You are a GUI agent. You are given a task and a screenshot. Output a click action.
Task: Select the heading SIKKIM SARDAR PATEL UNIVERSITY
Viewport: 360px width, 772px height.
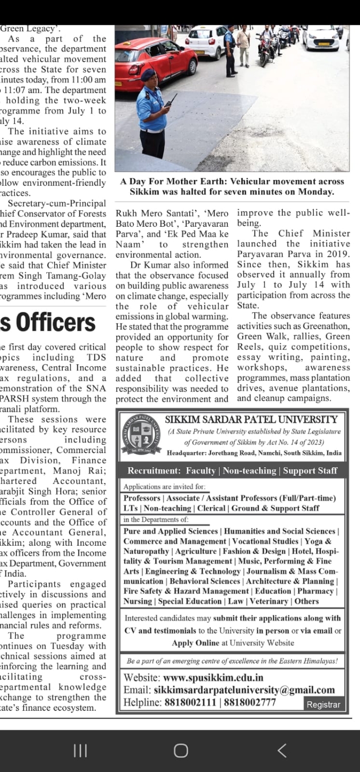tap(251, 420)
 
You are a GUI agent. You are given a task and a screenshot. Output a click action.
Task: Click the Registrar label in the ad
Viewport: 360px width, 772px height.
tap(323, 705)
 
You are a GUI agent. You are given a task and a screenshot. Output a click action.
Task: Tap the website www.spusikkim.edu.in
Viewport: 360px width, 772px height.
tap(213, 677)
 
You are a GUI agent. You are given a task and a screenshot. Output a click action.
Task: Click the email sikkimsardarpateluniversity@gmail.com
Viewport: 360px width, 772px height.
tap(244, 690)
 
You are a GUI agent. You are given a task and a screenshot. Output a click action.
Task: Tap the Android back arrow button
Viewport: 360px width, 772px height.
tap(282, 750)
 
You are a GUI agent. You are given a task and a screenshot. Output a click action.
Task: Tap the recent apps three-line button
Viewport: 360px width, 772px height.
tap(80, 750)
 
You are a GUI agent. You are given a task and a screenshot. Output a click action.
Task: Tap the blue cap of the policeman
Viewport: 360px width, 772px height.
tap(149, 74)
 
